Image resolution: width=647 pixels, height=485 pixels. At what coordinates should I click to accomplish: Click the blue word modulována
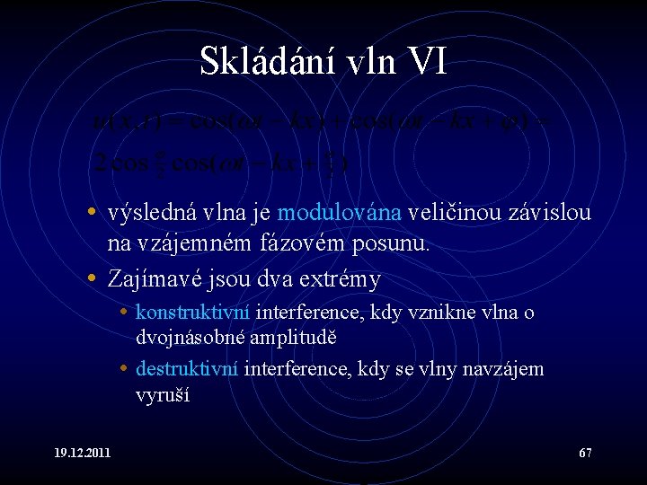pos(341,213)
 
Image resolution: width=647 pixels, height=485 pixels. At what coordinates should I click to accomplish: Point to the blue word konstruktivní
pos(193,313)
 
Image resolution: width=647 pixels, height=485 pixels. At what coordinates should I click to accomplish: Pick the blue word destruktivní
pos(187,369)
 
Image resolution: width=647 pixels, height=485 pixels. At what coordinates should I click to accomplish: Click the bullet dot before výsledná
pos(93,214)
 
